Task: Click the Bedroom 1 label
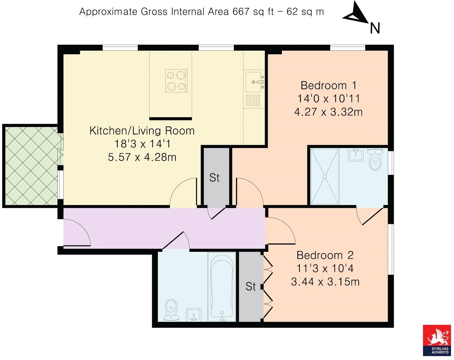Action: point(328,86)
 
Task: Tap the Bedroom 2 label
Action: point(325,255)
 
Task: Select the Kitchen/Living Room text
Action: point(142,131)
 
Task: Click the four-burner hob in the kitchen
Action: point(176,81)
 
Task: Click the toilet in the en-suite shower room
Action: point(375,159)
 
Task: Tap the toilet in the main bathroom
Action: point(171,311)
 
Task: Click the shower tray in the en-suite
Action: point(324,176)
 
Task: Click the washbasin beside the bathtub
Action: point(194,315)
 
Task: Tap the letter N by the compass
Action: point(375,28)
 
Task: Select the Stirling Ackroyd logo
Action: point(437,340)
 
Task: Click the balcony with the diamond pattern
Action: point(31,166)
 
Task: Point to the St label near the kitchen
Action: point(214,178)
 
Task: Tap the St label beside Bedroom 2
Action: point(251,287)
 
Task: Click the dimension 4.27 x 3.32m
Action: point(328,112)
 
